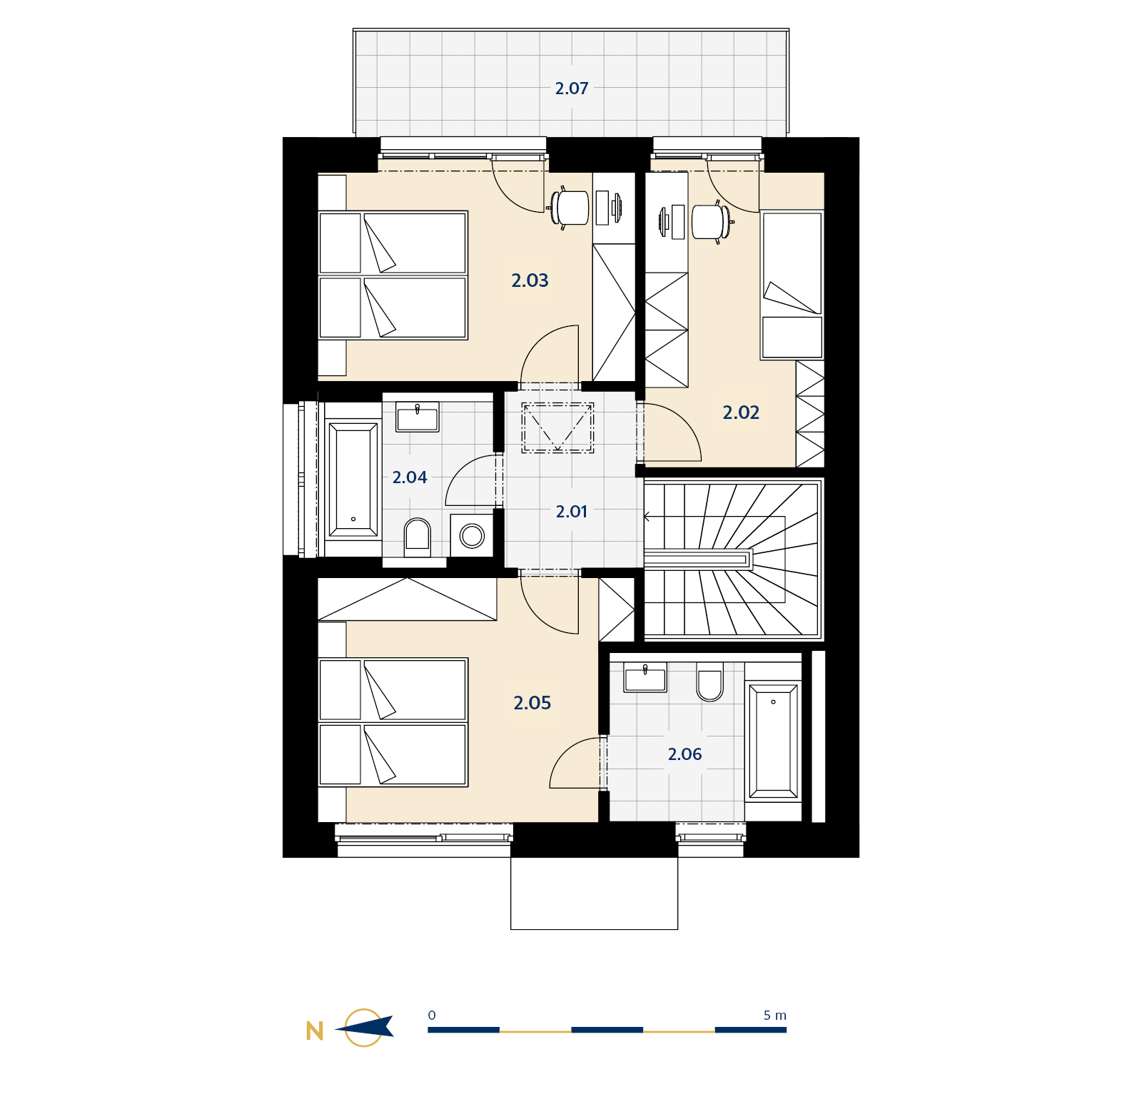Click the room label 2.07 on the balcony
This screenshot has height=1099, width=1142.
(572, 88)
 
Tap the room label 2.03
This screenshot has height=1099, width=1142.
(530, 280)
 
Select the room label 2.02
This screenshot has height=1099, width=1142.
(741, 412)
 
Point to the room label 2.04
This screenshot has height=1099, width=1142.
(410, 477)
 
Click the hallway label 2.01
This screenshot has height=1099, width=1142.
(572, 512)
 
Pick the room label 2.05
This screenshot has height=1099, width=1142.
(532, 703)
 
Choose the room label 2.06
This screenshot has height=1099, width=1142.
(684, 754)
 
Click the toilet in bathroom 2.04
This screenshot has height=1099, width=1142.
(418, 537)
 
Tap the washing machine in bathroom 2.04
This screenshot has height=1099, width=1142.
(472, 535)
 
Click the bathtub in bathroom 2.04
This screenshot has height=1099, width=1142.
(353, 480)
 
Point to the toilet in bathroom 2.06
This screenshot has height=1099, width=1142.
(709, 682)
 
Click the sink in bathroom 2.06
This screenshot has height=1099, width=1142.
(645, 677)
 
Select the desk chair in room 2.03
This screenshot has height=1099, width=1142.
(569, 208)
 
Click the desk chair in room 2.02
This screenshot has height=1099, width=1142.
(712, 221)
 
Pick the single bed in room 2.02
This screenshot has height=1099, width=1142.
(792, 285)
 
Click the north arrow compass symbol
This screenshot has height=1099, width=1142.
(364, 1028)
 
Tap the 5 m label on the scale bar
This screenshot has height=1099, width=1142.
(775, 1016)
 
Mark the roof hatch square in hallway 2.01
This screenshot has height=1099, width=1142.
(557, 428)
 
